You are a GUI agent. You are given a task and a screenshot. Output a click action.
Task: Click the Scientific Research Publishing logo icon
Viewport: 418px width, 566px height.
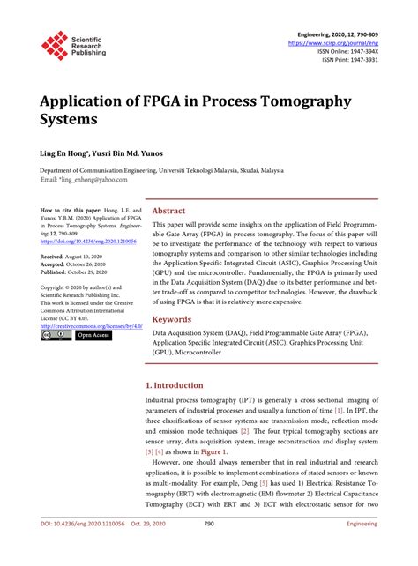click(54, 45)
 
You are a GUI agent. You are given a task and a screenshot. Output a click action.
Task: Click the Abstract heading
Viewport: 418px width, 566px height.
click(168, 212)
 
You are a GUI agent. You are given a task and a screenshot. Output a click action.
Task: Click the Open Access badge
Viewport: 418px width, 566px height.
click(93, 335)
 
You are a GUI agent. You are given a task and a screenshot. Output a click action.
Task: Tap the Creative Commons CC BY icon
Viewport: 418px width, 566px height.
click(56, 335)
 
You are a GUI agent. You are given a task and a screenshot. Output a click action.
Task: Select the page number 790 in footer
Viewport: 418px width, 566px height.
click(209, 547)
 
